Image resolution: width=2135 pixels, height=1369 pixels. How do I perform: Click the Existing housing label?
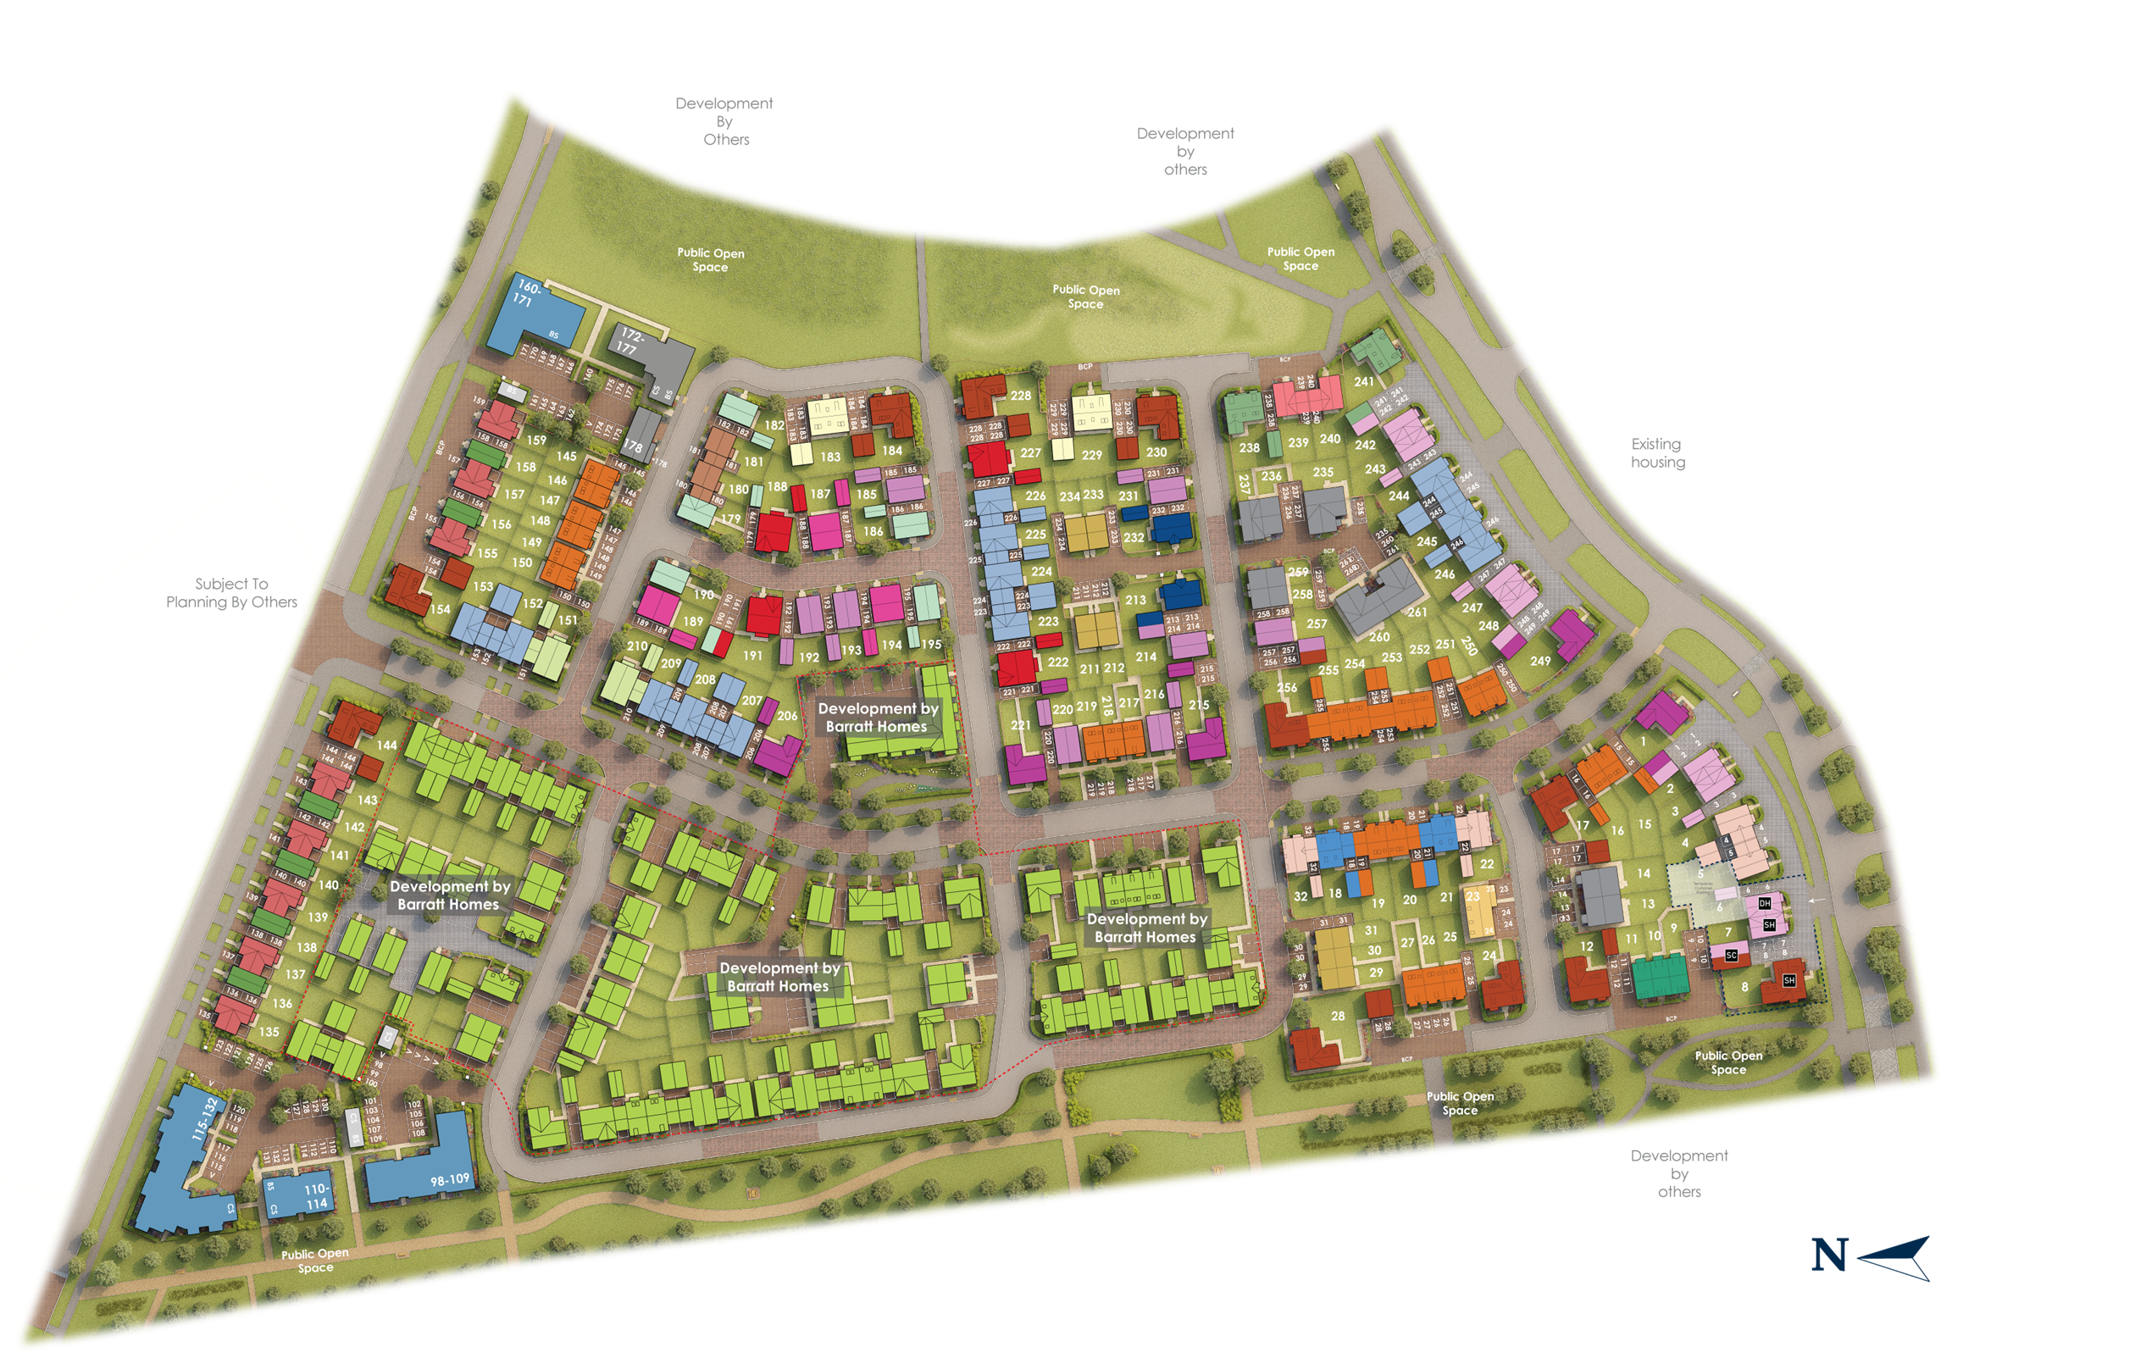[x=1657, y=452]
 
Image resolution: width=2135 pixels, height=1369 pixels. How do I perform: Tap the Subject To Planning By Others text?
[x=231, y=593]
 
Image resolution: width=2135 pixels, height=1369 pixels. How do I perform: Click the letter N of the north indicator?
[x=1829, y=1255]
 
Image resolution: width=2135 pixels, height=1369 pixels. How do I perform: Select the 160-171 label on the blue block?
[x=526, y=293]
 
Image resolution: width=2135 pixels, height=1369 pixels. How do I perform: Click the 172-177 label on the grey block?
[x=629, y=341]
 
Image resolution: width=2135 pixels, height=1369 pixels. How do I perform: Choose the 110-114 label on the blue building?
[x=316, y=1195]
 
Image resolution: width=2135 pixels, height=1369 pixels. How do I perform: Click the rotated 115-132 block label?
[x=204, y=1118]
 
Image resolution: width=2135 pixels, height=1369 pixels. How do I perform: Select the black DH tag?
[x=1765, y=903]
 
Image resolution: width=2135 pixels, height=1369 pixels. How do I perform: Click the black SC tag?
[x=1731, y=956]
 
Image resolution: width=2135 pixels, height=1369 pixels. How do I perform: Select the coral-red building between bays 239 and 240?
[x=1306, y=393]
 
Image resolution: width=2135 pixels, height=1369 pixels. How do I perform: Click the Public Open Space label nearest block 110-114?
[x=314, y=1261]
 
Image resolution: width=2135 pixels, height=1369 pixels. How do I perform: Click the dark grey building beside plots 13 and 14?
[x=1600, y=895]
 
